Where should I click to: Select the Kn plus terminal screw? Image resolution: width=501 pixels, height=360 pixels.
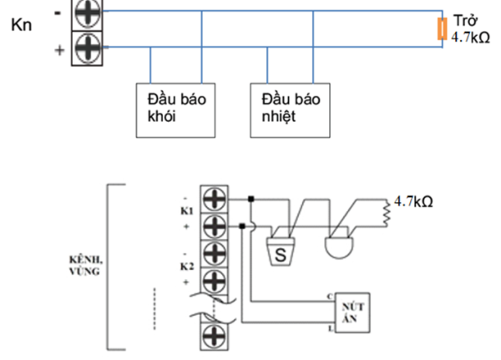click(85, 47)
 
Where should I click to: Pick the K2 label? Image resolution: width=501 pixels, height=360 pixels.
click(187, 266)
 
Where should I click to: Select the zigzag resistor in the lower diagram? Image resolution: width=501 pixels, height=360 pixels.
click(387, 215)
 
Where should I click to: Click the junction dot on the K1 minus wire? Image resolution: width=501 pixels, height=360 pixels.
click(251, 200)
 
